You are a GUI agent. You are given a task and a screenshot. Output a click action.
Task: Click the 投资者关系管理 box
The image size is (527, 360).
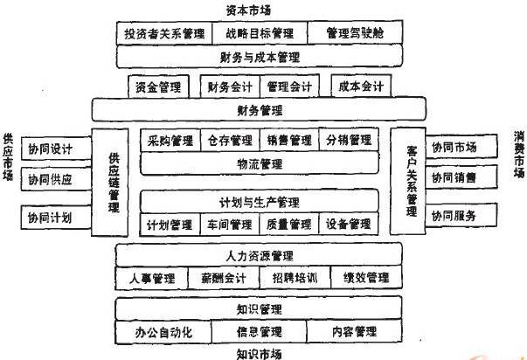[163, 34]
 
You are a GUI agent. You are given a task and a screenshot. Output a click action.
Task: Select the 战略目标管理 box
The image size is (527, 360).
[259, 34]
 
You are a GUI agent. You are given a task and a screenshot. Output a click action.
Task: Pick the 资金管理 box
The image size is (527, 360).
[158, 87]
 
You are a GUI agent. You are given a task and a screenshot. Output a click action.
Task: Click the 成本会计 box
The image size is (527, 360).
[361, 87]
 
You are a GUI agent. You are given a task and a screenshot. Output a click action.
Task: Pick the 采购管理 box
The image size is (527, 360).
[170, 140]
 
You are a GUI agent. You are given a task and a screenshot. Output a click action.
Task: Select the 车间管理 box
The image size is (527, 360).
[230, 225]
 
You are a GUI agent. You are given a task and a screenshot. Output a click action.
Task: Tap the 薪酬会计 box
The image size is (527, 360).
[223, 278]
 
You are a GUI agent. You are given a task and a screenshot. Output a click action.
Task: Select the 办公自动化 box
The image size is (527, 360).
[163, 332]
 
